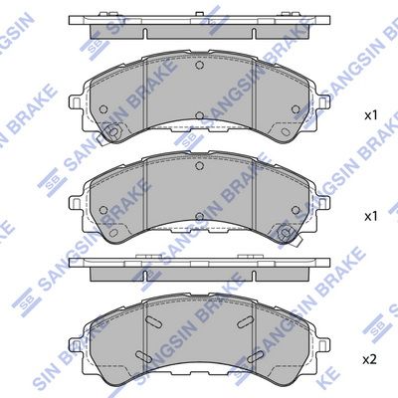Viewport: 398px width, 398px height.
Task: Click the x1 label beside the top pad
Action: [x=373, y=115]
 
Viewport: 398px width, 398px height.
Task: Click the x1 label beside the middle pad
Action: [x=373, y=215]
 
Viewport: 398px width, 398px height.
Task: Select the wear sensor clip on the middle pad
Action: [x=287, y=235]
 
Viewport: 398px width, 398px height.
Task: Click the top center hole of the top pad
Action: [x=199, y=69]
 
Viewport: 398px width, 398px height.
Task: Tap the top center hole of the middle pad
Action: [x=199, y=168]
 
